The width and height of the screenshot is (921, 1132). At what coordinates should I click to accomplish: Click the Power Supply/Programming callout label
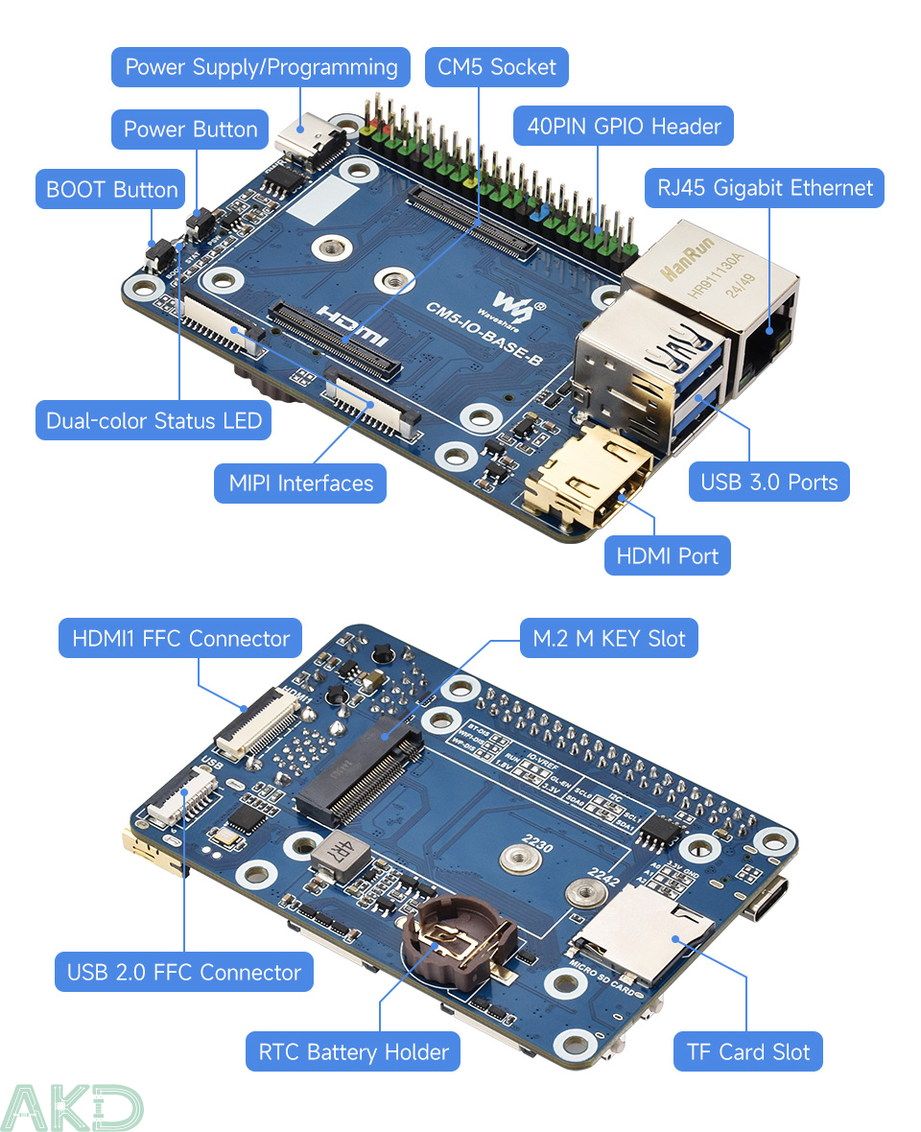pos(261,67)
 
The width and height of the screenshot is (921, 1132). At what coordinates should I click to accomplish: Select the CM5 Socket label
pos(497,67)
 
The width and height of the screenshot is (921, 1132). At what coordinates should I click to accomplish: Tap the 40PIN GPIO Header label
pos(624,126)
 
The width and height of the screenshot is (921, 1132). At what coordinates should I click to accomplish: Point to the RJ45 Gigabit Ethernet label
pos(765,188)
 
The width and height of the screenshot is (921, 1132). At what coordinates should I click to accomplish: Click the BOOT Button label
pos(111,190)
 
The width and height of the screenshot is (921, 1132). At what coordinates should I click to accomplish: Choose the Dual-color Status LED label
pos(153,421)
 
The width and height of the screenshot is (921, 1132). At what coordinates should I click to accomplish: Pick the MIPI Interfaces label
pos(300,483)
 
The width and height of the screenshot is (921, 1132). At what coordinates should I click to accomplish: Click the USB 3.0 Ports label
pos(768,482)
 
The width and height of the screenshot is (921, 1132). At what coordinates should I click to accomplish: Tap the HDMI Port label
pos(668,555)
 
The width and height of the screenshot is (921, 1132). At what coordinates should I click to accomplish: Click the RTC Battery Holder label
pos(353,1052)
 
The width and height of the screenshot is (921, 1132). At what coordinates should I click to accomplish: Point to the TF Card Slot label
pos(748,1052)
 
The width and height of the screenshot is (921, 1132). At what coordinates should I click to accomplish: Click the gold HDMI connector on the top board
pos(586,479)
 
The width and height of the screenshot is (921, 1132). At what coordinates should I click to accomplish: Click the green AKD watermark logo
pos(72,1108)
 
